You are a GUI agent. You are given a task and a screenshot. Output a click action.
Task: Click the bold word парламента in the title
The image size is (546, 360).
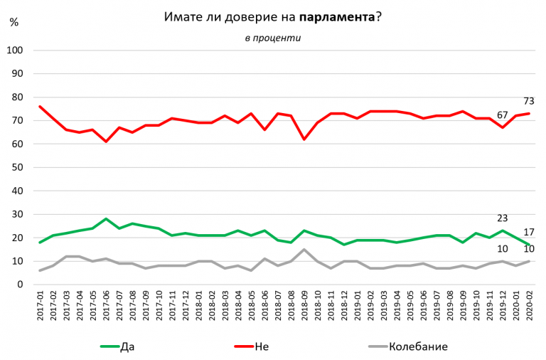pos(337,16)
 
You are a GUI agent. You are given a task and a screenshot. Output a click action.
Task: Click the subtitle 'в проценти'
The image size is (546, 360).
pos(272,38)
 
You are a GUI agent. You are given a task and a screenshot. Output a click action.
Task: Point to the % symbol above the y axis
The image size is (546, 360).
pos(14,22)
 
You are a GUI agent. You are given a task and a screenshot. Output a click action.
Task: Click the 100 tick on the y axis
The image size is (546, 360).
pos(16,51)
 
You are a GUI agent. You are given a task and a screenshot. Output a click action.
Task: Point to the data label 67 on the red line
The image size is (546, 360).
pos(502,115)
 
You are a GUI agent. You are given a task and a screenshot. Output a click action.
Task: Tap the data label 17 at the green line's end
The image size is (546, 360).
pos(530,232)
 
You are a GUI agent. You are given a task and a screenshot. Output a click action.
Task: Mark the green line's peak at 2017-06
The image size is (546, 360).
pos(105,219)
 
